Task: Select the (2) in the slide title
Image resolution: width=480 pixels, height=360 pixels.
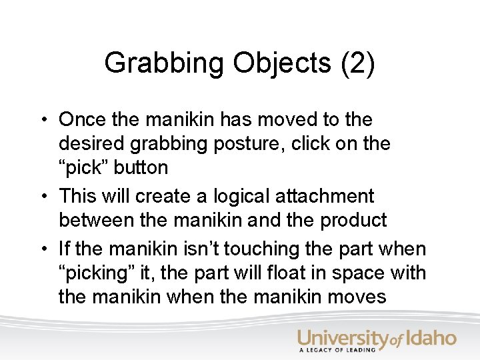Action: click(x=358, y=64)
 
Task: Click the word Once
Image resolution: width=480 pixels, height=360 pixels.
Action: click(x=81, y=121)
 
